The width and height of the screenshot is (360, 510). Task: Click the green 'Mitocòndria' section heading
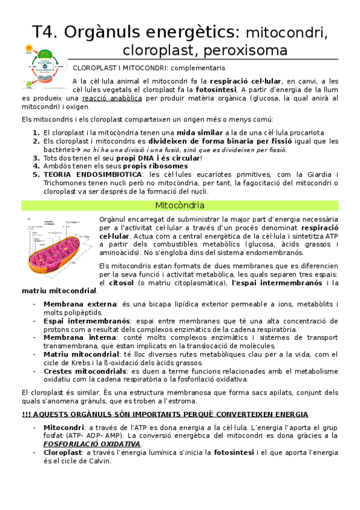pyautogui.click(x=180, y=206)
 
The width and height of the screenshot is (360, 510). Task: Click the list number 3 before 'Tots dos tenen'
pyautogui.click(x=35, y=158)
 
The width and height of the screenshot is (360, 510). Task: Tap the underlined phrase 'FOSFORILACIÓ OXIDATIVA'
pyautogui.click(x=91, y=443)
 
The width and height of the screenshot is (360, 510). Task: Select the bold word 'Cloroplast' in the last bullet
pyautogui.click(x=62, y=452)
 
